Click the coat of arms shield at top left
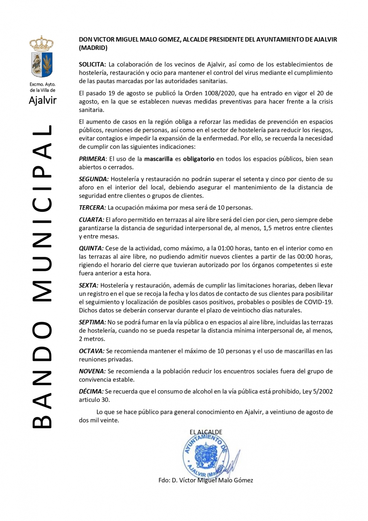coord(42,64)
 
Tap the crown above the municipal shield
coord(42,43)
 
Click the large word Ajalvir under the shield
coord(43,100)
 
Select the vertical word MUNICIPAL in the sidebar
coord(43,213)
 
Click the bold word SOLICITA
coord(92,65)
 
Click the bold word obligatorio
coord(199,159)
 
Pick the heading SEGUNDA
coord(94,179)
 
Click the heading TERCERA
coord(92,208)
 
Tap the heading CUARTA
coord(91,220)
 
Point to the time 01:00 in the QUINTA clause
coord(225,248)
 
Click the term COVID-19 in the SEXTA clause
coord(318,302)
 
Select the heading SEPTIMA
coord(92,322)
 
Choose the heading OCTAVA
coord(91,351)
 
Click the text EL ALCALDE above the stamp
coord(206,432)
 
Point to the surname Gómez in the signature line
coord(243,480)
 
